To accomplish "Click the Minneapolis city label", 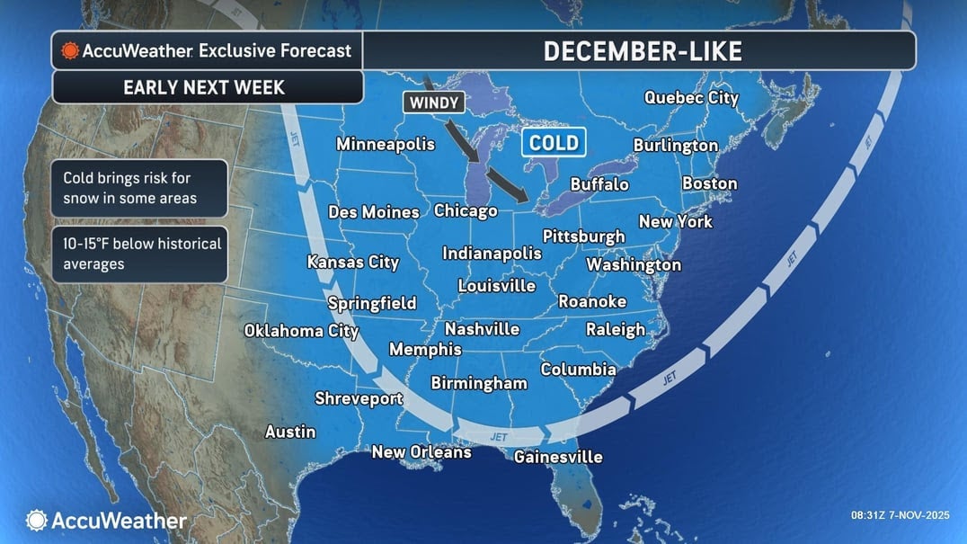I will tap(385, 144).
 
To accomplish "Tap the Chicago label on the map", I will tap(466, 211).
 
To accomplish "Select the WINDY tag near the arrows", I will tap(434, 103).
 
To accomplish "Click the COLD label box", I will tap(554, 142).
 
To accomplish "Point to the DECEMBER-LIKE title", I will tap(642, 51).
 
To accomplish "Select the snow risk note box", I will tap(139, 188).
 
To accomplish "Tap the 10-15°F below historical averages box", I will tap(139, 254).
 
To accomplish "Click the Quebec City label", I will tap(690, 98).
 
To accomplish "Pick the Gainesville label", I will tap(557, 457).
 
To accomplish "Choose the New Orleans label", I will tap(421, 452).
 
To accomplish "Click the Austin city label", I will tap(290, 433).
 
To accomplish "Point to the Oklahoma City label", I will tap(301, 331).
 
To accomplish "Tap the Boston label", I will tap(709, 183).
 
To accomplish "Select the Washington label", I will tap(634, 264).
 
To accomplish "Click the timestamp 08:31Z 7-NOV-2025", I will tap(899, 515).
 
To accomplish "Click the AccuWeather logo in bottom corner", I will tap(106, 520).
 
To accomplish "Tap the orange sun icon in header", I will tap(69, 51).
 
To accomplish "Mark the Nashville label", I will tap(482, 329).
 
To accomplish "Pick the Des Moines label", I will tap(373, 212).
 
